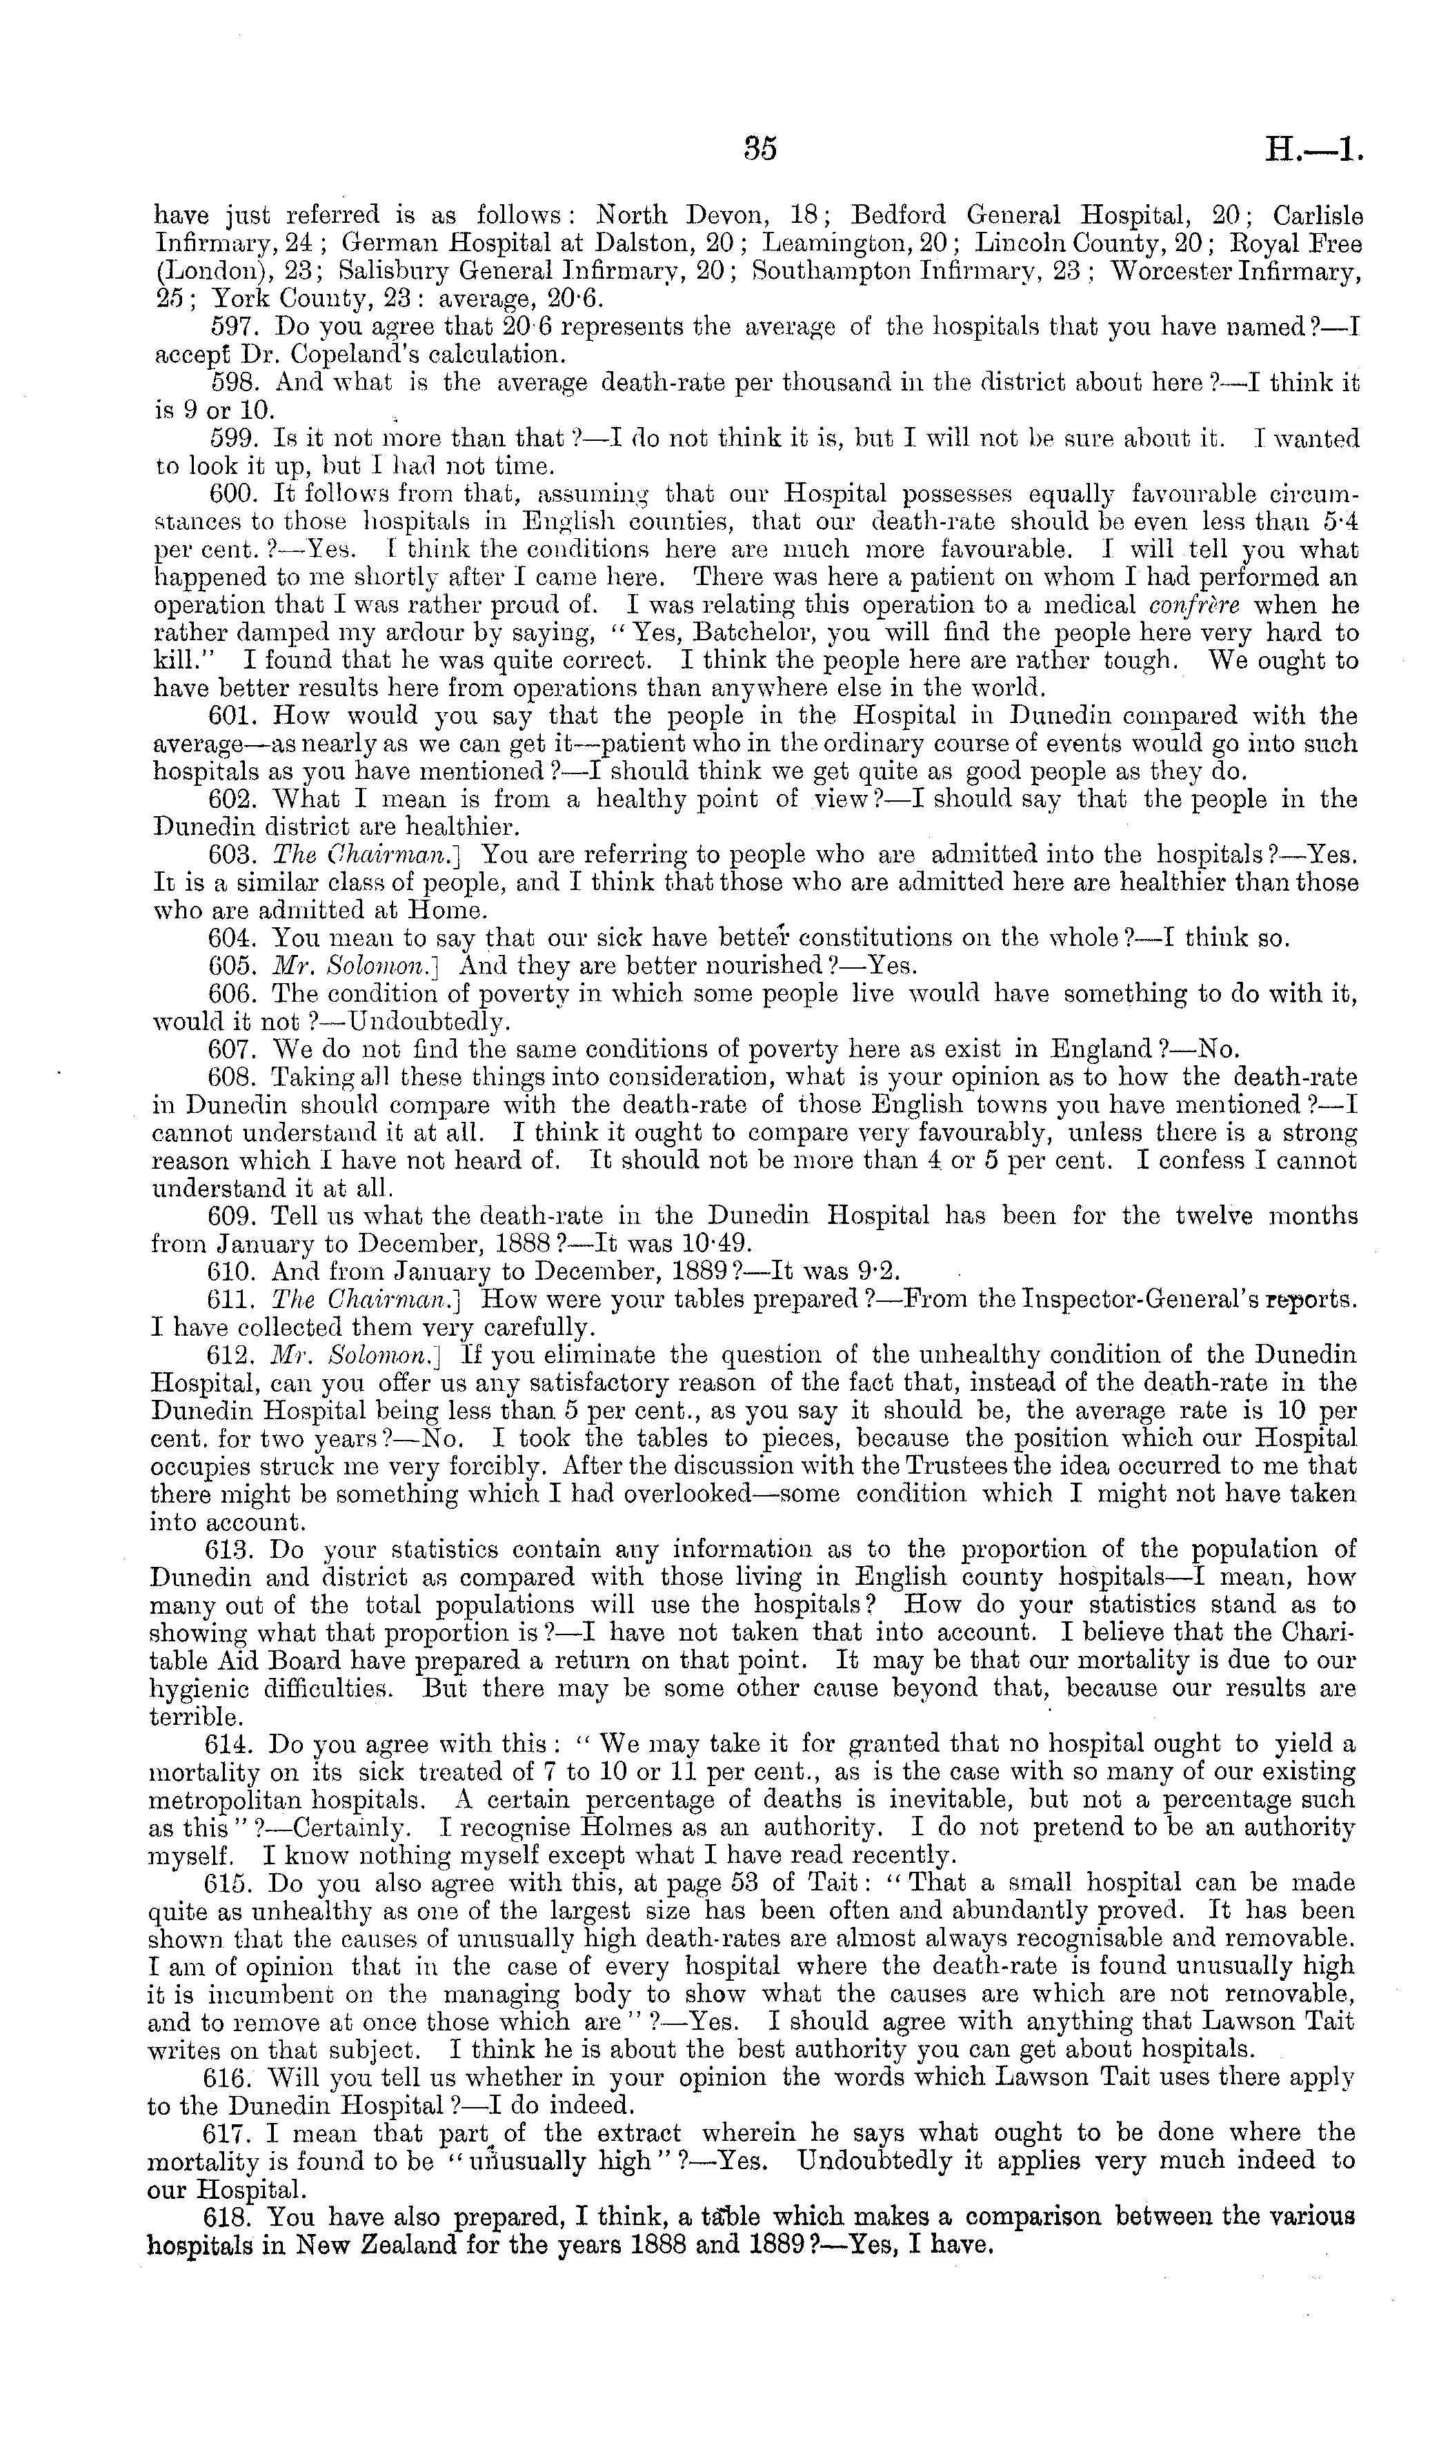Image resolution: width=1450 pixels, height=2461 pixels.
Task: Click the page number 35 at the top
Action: [760, 148]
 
